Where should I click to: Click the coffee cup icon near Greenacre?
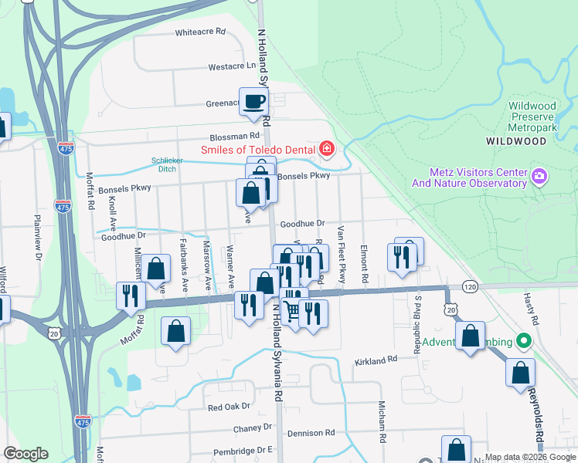tap(253, 101)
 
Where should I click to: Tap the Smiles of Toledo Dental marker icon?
tap(327, 149)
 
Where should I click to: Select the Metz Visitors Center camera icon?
tap(539, 177)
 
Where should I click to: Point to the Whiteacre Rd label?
tap(199, 32)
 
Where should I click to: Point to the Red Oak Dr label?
tap(229, 407)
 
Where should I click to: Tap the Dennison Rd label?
tap(309, 434)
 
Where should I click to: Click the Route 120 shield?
tap(470, 286)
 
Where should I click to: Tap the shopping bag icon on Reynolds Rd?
tap(521, 372)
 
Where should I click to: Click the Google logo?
tap(25, 454)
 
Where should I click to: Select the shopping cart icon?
tap(292, 311)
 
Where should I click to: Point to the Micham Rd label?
tap(382, 421)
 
